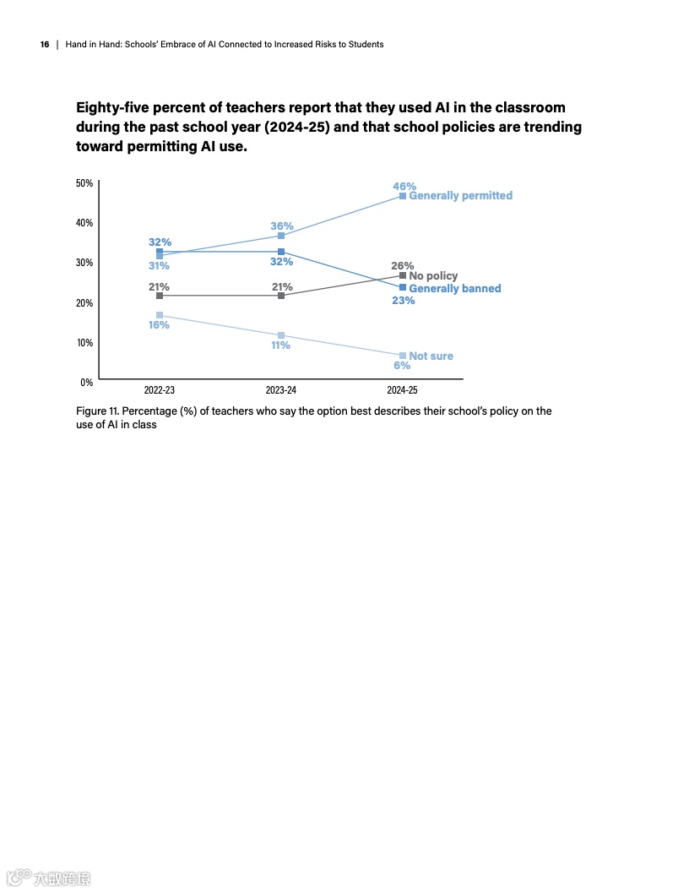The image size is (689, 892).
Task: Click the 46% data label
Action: click(x=404, y=186)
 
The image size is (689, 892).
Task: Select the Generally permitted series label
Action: click(x=460, y=196)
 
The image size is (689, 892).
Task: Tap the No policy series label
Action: click(x=433, y=276)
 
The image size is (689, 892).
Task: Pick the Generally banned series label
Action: click(x=454, y=289)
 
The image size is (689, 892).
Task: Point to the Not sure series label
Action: click(x=431, y=356)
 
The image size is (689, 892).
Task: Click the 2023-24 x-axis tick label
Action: click(x=281, y=391)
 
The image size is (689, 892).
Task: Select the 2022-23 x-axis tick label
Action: click(x=160, y=391)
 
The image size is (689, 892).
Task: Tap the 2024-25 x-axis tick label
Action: click(x=402, y=391)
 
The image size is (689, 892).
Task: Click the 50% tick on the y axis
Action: click(x=84, y=183)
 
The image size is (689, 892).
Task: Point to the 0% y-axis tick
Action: click(x=86, y=383)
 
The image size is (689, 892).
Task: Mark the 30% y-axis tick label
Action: click(x=84, y=263)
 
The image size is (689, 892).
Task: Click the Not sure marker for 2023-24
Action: click(x=281, y=335)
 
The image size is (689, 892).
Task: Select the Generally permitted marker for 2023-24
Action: click(x=281, y=236)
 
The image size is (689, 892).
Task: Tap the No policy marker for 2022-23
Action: click(x=160, y=296)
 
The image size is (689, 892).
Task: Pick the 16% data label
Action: click(x=159, y=325)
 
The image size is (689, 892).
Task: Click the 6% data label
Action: click(x=402, y=366)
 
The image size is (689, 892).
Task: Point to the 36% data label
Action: click(x=282, y=226)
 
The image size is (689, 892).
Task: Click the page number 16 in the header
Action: click(x=44, y=44)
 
